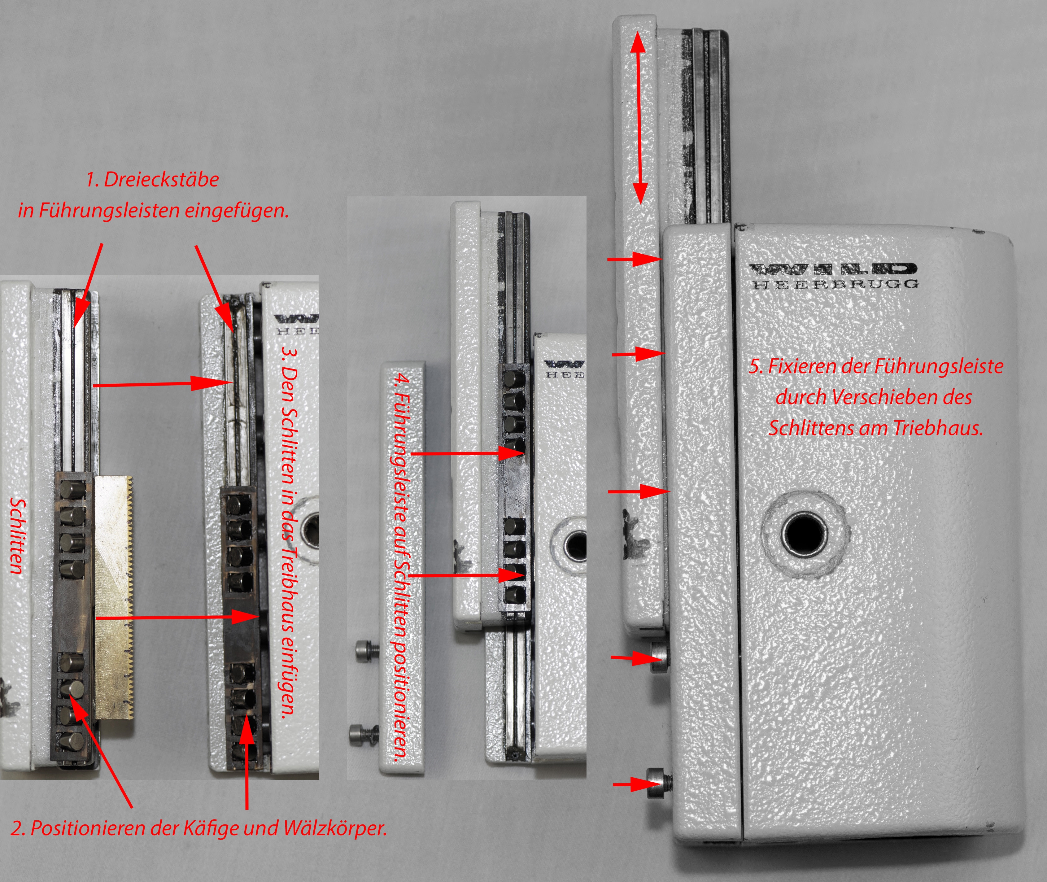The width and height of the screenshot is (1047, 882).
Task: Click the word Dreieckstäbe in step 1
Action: click(161, 180)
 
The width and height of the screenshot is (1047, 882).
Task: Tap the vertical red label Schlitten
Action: click(18, 536)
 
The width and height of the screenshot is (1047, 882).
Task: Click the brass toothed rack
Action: click(114, 597)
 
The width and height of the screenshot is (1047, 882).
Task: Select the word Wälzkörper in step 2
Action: click(335, 828)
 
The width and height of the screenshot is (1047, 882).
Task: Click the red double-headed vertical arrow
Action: click(639, 120)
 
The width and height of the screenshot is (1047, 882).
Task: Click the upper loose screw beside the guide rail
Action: click(367, 650)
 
